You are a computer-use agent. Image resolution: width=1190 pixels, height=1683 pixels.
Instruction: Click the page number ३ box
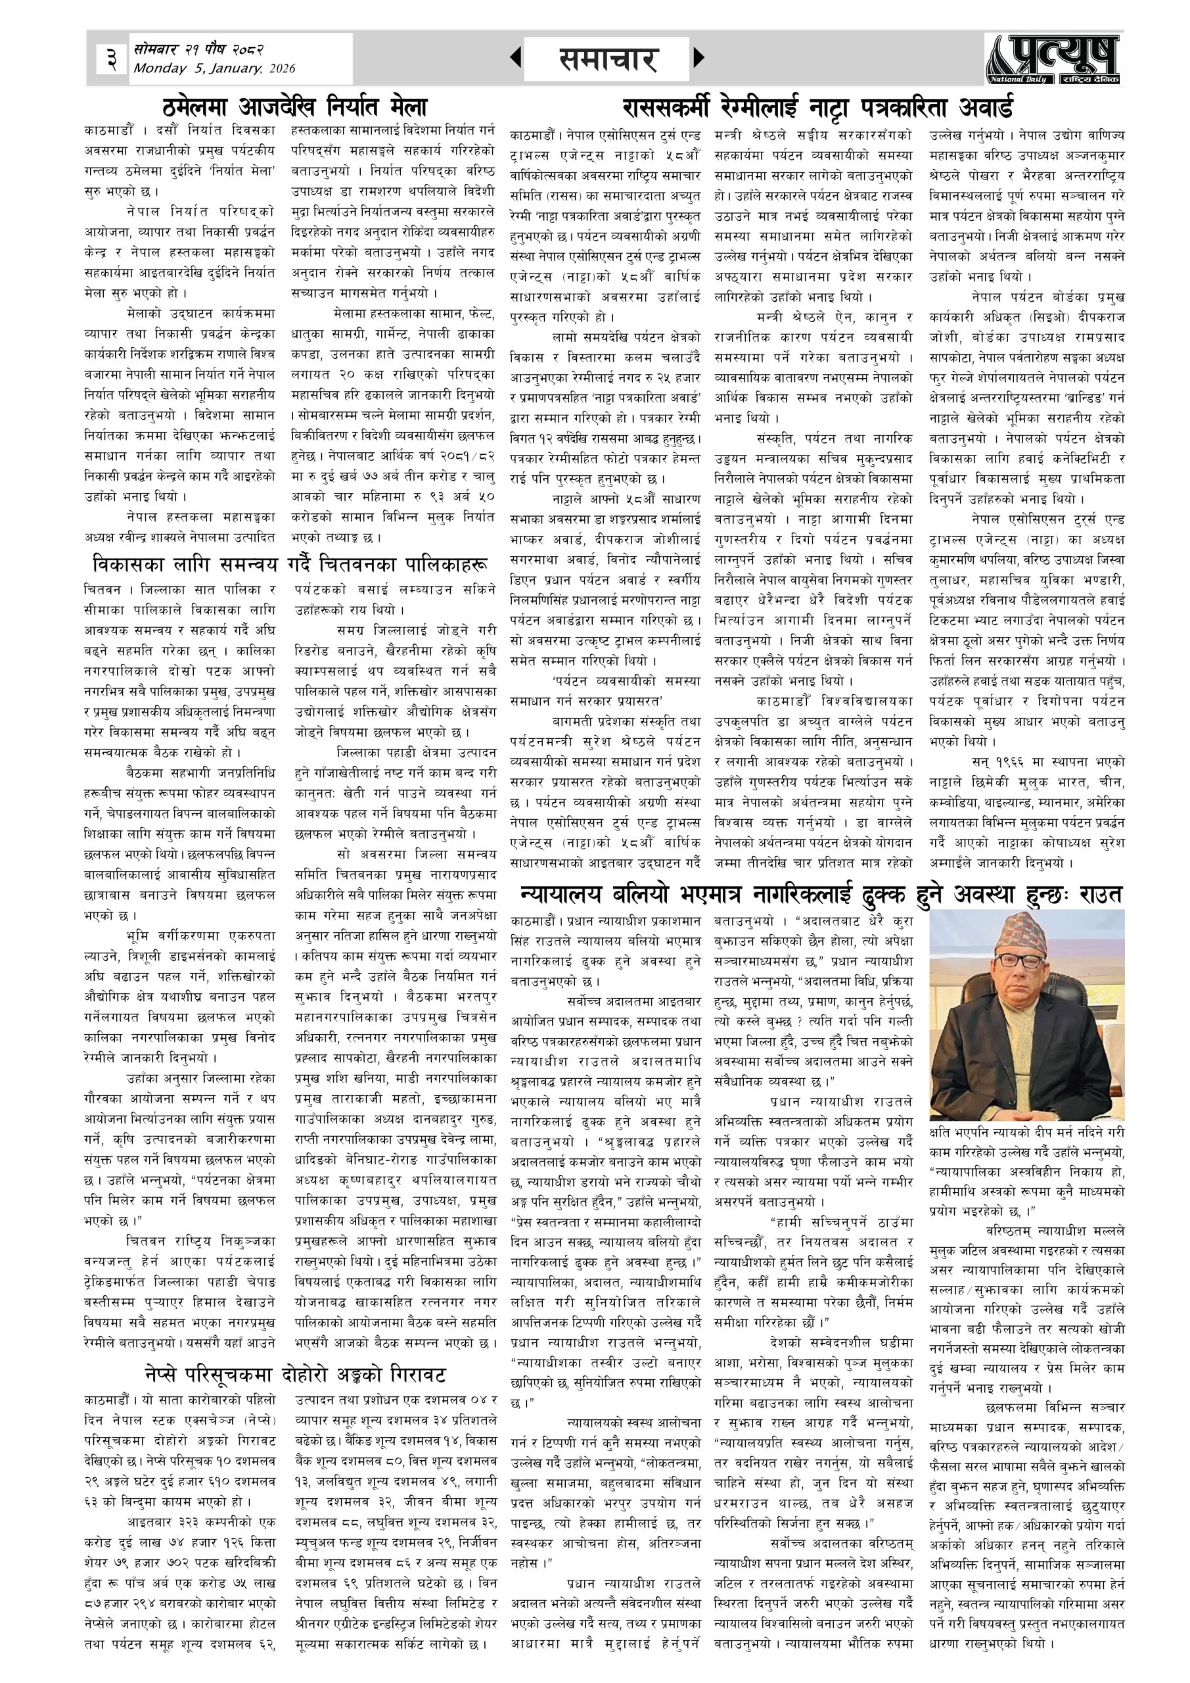pyautogui.click(x=112, y=59)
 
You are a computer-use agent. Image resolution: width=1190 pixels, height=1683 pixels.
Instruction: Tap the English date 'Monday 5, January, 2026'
pyautogui.click(x=214, y=69)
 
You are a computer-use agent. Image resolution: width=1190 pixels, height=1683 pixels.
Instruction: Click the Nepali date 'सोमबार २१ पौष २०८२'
pyautogui.click(x=198, y=49)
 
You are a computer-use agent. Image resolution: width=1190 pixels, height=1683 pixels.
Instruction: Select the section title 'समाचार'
pyautogui.click(x=606, y=59)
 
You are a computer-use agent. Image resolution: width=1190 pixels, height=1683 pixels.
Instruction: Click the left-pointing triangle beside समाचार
pyautogui.click(x=516, y=58)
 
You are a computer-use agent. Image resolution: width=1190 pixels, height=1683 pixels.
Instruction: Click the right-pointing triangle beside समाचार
pyautogui.click(x=698, y=58)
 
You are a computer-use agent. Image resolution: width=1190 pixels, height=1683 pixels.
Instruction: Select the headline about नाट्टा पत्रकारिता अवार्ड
pyautogui.click(x=817, y=108)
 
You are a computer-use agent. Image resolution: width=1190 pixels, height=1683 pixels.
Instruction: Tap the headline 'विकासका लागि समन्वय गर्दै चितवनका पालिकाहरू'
pyautogui.click(x=289, y=566)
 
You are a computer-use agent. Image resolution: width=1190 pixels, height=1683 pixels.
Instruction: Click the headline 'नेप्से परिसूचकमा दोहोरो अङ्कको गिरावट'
pyautogui.click(x=295, y=1373)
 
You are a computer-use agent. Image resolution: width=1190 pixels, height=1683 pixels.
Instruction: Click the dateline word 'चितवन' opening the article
pyautogui.click(x=101, y=589)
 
